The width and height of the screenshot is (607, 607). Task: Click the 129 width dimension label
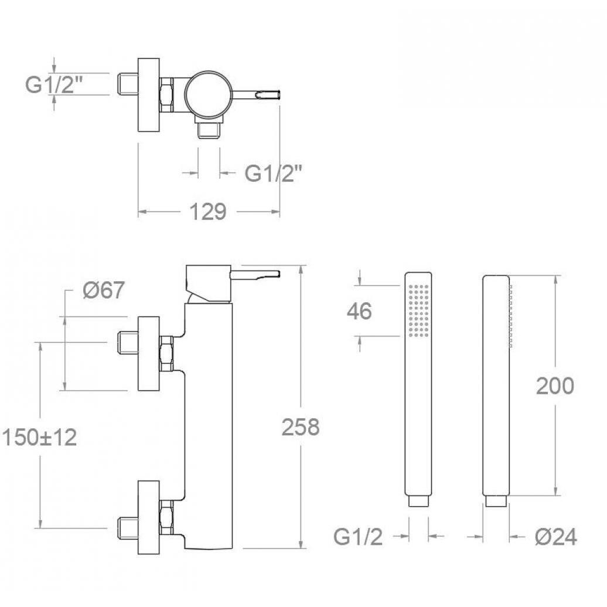click(x=207, y=212)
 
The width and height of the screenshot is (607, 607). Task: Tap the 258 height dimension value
click(x=301, y=427)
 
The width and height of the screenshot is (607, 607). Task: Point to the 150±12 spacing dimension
click(x=39, y=438)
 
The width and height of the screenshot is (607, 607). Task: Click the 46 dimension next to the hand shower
click(x=359, y=311)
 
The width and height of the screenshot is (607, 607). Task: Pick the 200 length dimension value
click(x=555, y=386)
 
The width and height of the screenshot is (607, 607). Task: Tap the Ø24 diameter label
click(x=556, y=537)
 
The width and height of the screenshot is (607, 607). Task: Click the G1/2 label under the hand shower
click(x=358, y=537)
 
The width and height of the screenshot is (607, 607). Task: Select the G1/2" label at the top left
click(x=54, y=84)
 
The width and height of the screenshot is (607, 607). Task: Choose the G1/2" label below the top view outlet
click(x=273, y=173)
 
